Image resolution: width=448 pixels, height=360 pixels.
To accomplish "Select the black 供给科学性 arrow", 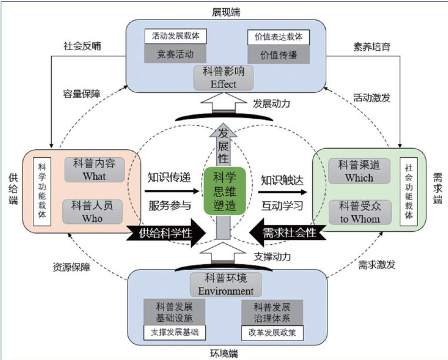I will click(167, 232).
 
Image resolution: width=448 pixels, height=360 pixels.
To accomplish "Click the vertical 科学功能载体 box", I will click(42, 190).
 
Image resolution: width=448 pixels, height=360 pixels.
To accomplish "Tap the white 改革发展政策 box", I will click(275, 332).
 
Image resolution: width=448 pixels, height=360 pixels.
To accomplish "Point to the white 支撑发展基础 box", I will click(175, 332).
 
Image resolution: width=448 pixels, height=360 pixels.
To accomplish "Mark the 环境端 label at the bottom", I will click(224, 354).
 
